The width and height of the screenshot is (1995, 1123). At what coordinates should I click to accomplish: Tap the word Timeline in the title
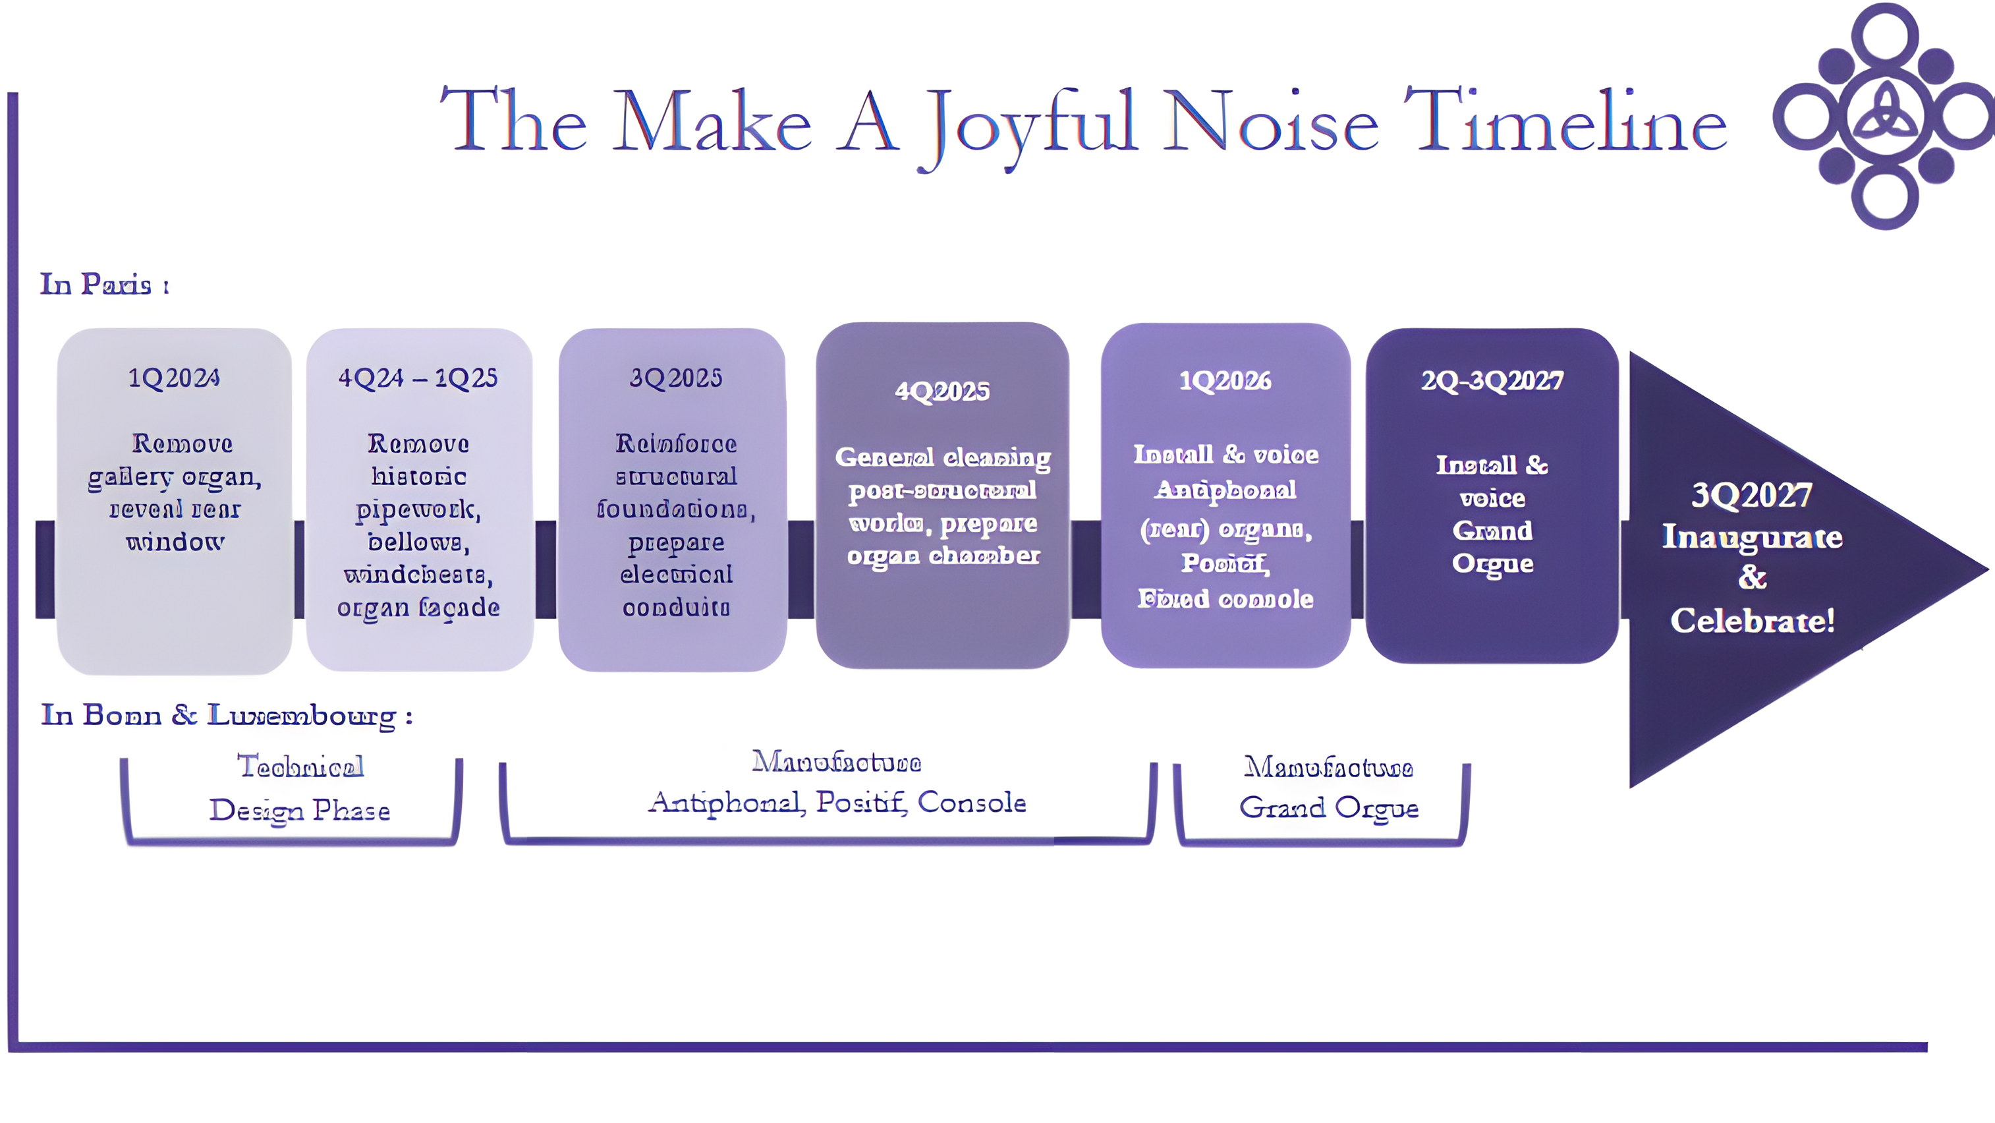(x=1564, y=123)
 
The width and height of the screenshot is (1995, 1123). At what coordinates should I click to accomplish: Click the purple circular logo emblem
(x=1884, y=116)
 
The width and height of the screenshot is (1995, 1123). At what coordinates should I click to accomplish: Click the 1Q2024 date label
(x=173, y=378)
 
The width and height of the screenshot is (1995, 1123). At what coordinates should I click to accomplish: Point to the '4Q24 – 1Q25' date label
(x=418, y=378)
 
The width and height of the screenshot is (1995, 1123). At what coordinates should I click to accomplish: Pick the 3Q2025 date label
(x=675, y=378)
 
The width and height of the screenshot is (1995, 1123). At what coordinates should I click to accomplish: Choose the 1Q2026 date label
(x=1225, y=380)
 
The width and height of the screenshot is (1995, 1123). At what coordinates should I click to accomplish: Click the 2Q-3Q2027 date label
(x=1492, y=380)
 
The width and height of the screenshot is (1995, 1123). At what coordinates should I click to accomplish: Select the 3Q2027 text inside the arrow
(x=1752, y=495)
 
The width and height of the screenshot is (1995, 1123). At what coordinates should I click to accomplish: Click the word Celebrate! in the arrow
(x=1752, y=621)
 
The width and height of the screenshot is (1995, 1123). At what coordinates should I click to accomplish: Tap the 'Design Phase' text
(x=299, y=810)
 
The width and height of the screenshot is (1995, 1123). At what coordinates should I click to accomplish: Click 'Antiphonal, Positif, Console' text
(x=837, y=802)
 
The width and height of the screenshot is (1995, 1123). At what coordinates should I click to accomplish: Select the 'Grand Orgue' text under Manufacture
(x=1329, y=808)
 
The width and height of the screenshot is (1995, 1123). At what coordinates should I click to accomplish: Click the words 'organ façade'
(x=418, y=607)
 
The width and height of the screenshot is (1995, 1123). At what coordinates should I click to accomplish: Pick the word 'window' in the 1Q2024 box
(x=175, y=541)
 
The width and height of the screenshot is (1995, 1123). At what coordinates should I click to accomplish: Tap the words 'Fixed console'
(x=1225, y=598)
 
